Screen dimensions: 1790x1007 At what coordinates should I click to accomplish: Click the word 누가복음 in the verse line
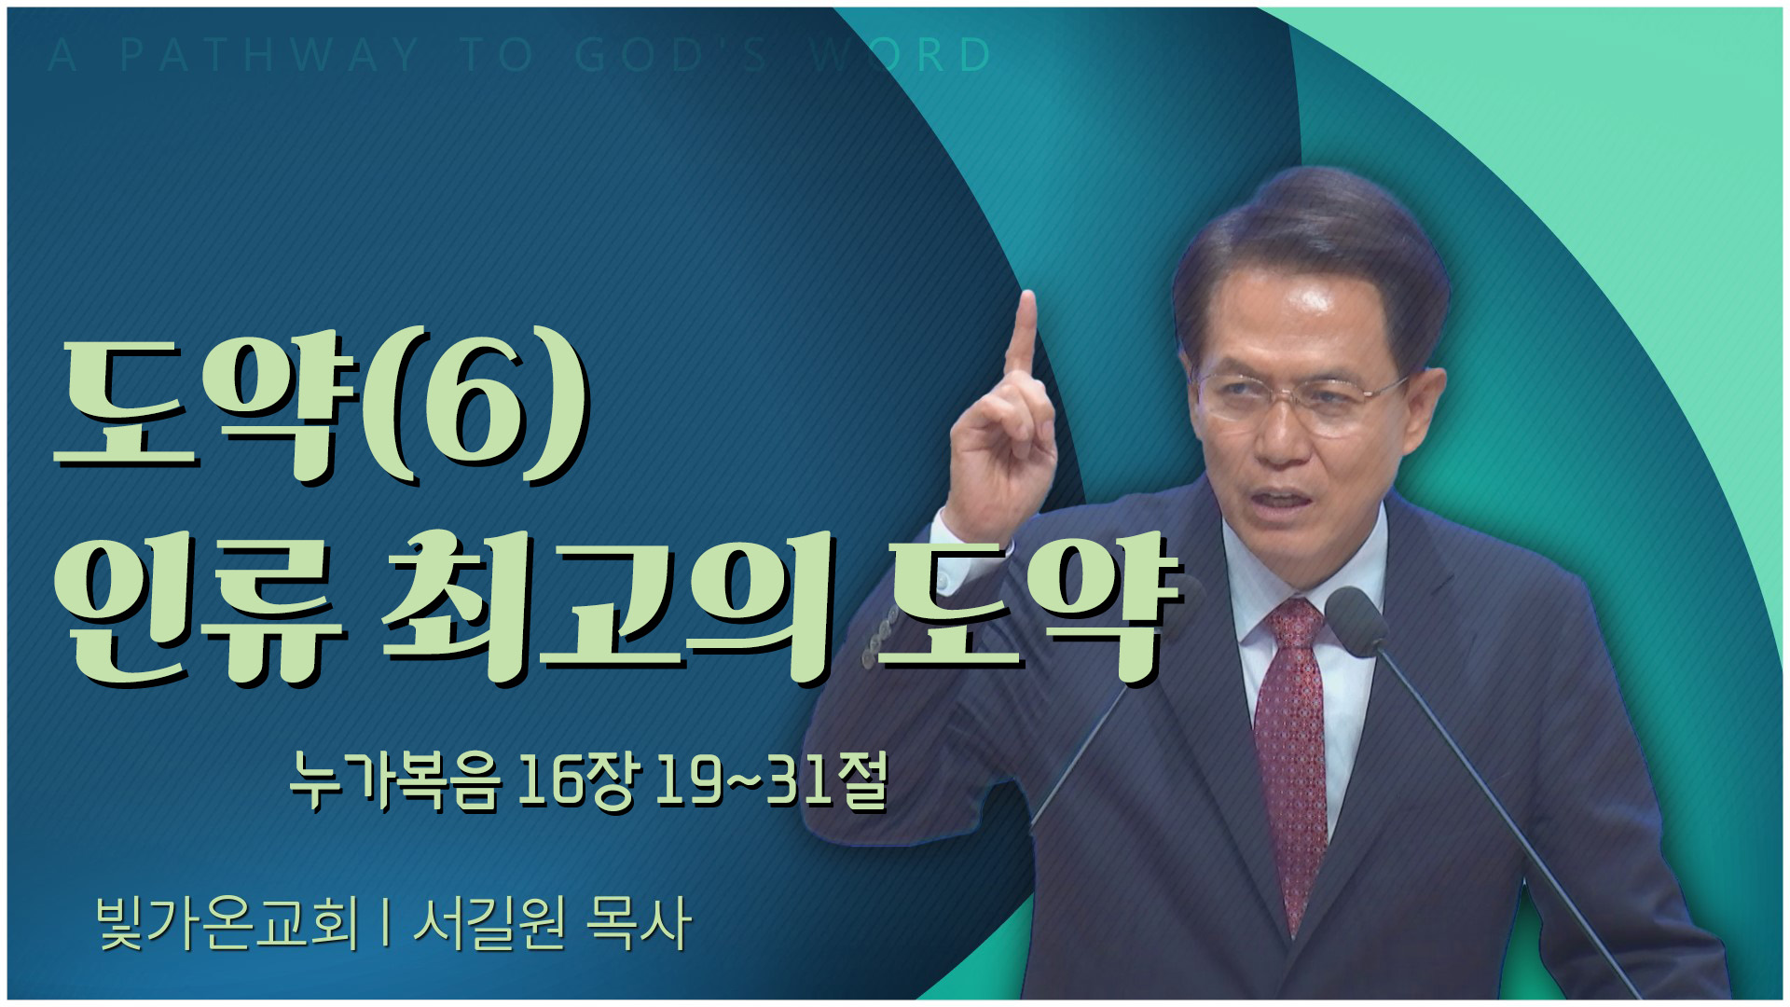click(392, 780)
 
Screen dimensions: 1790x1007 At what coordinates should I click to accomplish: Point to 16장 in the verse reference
click(574, 780)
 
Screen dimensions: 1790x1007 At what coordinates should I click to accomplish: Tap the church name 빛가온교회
click(227, 923)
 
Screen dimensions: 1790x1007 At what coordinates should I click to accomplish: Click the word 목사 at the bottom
click(639, 923)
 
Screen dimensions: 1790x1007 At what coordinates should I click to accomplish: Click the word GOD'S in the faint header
click(672, 55)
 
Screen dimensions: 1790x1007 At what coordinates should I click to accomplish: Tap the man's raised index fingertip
click(1027, 300)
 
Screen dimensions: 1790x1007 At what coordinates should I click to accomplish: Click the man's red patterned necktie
click(1292, 755)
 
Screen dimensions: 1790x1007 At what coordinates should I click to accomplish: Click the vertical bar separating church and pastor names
click(385, 923)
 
